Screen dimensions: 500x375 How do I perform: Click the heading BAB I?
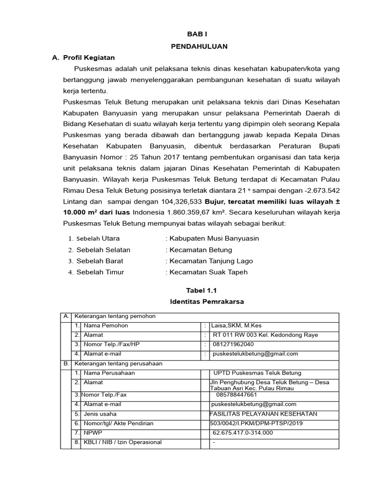[x=199, y=35]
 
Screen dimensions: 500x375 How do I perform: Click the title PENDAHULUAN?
[x=199, y=46]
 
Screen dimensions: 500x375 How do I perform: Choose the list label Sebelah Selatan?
[x=103, y=250]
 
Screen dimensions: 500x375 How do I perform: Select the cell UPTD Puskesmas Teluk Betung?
[x=257, y=373]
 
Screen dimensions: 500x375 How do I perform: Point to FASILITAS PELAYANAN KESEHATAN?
[x=263, y=414]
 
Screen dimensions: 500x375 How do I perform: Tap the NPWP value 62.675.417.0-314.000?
[x=243, y=433]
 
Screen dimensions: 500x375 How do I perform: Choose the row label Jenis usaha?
[x=100, y=414]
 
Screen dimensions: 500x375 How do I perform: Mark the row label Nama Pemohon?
[x=104, y=326]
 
